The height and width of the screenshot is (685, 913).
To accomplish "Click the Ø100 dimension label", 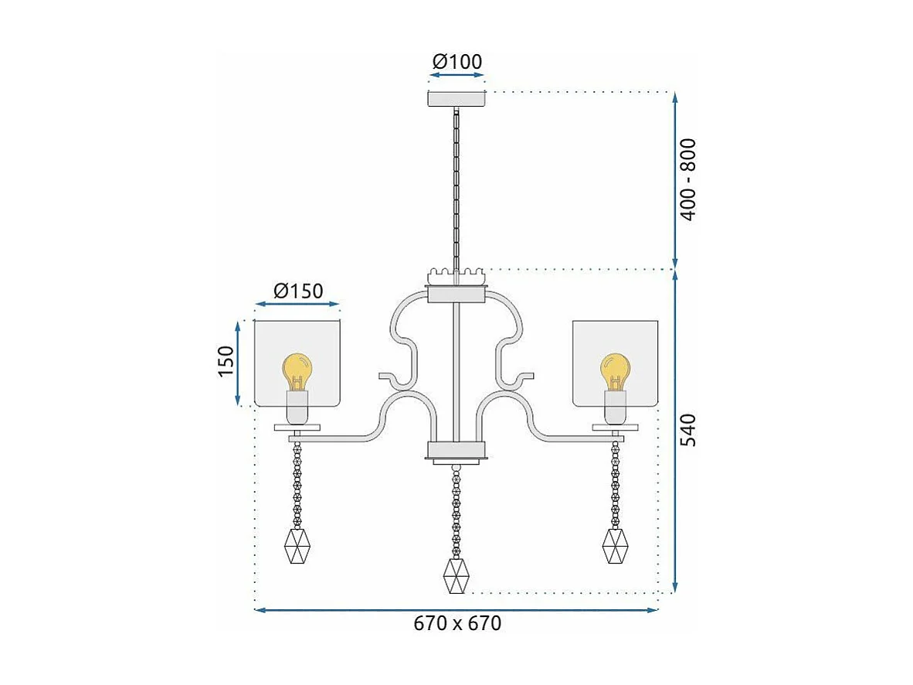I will point(456,62).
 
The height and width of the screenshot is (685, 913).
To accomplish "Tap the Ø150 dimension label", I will point(297,291).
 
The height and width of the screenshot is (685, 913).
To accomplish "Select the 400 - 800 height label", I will point(687,179).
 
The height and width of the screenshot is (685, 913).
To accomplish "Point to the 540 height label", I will point(687,430).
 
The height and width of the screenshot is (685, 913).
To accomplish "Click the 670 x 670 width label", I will point(456,623).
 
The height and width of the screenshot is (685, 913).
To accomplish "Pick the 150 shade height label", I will point(225,362).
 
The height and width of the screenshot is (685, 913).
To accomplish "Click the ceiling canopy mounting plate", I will point(456,99).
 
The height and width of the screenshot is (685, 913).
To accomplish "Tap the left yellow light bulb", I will point(297,370).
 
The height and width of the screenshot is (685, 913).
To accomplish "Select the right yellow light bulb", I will point(615,370).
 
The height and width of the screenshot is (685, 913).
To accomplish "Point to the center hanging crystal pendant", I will point(456,575).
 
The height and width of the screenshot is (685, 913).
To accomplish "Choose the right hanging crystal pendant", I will point(615,546).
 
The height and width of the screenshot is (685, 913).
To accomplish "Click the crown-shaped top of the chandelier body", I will point(456,274).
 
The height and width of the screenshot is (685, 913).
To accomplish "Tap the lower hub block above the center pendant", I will point(456,450).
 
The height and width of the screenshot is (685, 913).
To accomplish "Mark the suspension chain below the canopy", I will point(456,186).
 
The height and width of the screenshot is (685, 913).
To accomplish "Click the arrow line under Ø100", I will point(456,77).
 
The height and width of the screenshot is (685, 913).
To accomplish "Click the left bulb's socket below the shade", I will point(297,407).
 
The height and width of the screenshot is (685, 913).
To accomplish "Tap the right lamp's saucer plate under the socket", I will point(616,427).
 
